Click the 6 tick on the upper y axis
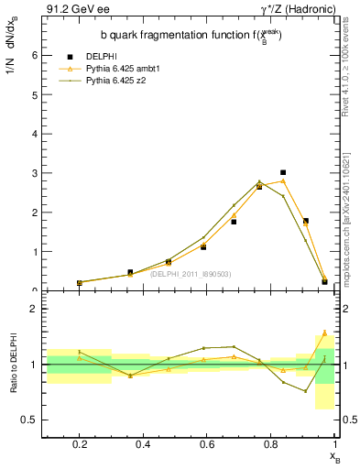click(35, 55)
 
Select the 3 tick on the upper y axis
click(35, 173)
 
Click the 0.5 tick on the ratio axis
click(31, 420)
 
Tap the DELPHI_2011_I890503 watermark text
click(190, 274)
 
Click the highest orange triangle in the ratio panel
click(324, 333)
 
